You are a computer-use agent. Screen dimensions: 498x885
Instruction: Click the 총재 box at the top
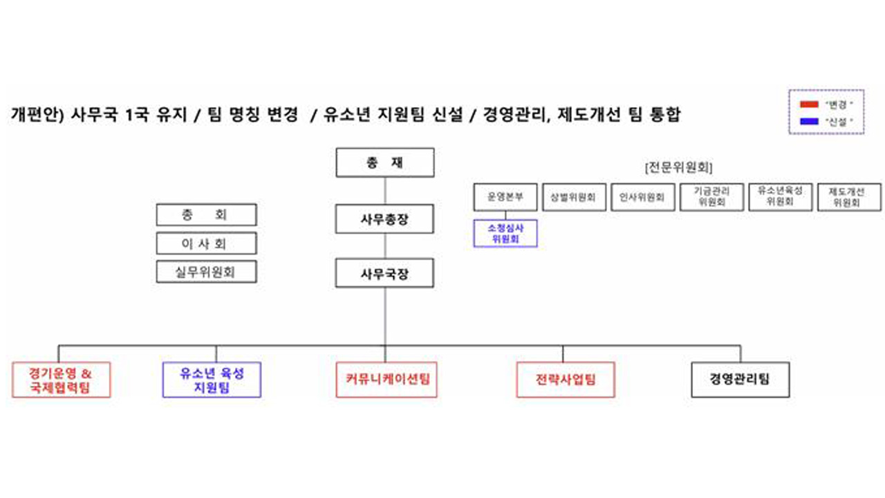tap(385, 163)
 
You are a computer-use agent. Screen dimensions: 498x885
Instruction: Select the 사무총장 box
tap(385, 219)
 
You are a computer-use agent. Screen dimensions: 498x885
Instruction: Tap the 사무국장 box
tap(385, 273)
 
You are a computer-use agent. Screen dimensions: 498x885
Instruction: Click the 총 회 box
tap(206, 215)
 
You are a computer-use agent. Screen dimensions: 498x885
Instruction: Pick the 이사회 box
tap(206, 243)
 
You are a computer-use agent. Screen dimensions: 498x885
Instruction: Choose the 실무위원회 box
tap(206, 272)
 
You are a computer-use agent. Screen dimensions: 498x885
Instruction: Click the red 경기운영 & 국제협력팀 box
tap(61, 380)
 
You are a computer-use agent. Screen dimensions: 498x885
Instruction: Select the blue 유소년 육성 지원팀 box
tap(212, 380)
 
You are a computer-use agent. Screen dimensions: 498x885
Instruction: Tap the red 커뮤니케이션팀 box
tap(386, 380)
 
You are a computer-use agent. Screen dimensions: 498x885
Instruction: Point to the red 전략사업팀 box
tap(565, 380)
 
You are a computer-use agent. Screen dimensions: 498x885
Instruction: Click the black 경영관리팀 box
tap(740, 380)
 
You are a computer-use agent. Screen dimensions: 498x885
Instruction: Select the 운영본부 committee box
tap(505, 197)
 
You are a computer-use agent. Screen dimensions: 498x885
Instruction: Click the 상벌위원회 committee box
tap(574, 197)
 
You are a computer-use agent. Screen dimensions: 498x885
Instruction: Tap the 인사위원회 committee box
tap(642, 197)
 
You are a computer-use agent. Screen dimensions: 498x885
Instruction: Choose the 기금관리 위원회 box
tap(711, 196)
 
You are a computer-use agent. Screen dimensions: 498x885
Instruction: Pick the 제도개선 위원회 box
tap(848, 196)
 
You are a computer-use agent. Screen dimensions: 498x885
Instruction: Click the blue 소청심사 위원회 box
tap(505, 233)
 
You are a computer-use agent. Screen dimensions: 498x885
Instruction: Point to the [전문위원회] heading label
tap(678, 167)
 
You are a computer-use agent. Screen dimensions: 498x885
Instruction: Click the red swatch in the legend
tap(808, 104)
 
